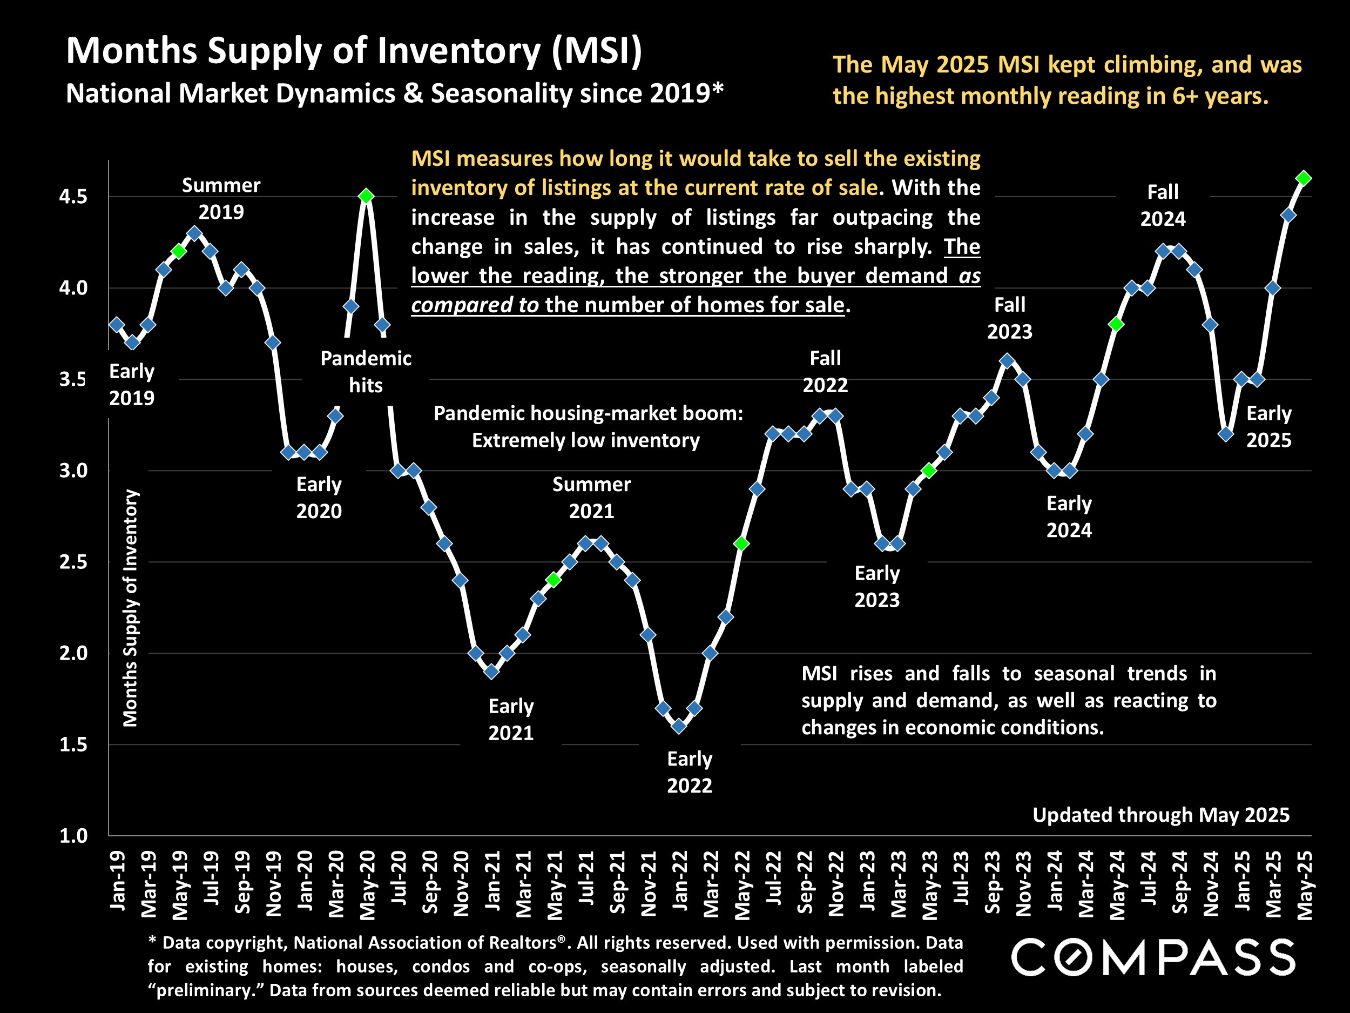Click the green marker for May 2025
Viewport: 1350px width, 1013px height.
[x=1304, y=178]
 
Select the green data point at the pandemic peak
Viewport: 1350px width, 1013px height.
[x=366, y=196]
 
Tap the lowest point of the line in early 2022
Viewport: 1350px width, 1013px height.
[x=678, y=726]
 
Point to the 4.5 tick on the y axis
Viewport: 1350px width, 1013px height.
[x=73, y=197]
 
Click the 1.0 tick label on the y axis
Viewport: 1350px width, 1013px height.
[x=73, y=835]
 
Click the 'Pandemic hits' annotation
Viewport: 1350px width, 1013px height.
[x=366, y=372]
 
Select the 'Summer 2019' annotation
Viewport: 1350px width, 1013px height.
[x=221, y=198]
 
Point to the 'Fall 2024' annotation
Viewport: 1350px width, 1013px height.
[x=1163, y=205]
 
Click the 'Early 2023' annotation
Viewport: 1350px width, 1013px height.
[x=877, y=586]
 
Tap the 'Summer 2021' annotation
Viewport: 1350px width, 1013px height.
[x=591, y=497]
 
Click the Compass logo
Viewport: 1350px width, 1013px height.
[x=1153, y=957]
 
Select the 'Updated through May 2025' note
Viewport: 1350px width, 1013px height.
[x=1161, y=815]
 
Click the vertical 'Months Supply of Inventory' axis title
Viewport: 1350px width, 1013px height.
[x=131, y=608]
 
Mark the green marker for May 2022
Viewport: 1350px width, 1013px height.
[x=741, y=544]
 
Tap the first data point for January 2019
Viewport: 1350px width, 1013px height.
[x=117, y=324]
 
